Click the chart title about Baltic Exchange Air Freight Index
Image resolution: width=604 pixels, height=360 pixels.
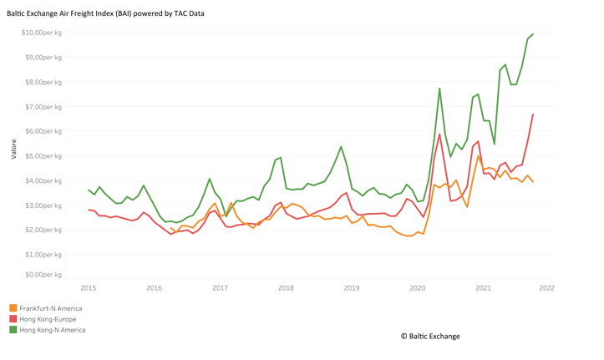pyautogui.click(x=105, y=13)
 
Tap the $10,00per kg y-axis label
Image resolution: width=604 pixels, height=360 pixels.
pyautogui.click(x=42, y=33)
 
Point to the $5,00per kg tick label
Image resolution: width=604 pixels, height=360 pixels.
pyautogui.click(x=43, y=156)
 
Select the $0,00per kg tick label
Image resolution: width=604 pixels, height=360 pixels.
pyautogui.click(x=43, y=274)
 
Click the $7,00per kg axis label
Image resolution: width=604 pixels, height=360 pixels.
pyautogui.click(x=43, y=107)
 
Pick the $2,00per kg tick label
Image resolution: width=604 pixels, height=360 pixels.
pyautogui.click(x=43, y=230)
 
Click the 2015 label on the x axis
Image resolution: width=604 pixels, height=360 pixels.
pyautogui.click(x=88, y=288)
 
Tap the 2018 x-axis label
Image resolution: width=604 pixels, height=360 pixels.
pyautogui.click(x=286, y=288)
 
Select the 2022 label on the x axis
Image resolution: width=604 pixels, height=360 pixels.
pyautogui.click(x=547, y=288)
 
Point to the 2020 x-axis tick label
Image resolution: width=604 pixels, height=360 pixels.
pyautogui.click(x=417, y=288)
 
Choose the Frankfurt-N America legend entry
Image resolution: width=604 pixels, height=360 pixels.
pyautogui.click(x=51, y=308)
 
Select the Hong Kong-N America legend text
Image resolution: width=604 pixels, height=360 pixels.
pyautogui.click(x=53, y=330)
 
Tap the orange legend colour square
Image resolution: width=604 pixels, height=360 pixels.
pyautogui.click(x=13, y=308)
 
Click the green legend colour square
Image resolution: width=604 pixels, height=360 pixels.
pyautogui.click(x=13, y=330)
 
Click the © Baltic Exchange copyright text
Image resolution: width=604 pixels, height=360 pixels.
pyautogui.click(x=430, y=337)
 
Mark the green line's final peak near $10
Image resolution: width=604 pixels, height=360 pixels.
pyautogui.click(x=533, y=34)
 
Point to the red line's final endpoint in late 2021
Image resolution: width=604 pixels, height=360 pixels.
pyautogui.click(x=533, y=114)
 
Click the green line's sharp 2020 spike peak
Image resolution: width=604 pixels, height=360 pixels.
pyautogui.click(x=439, y=89)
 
